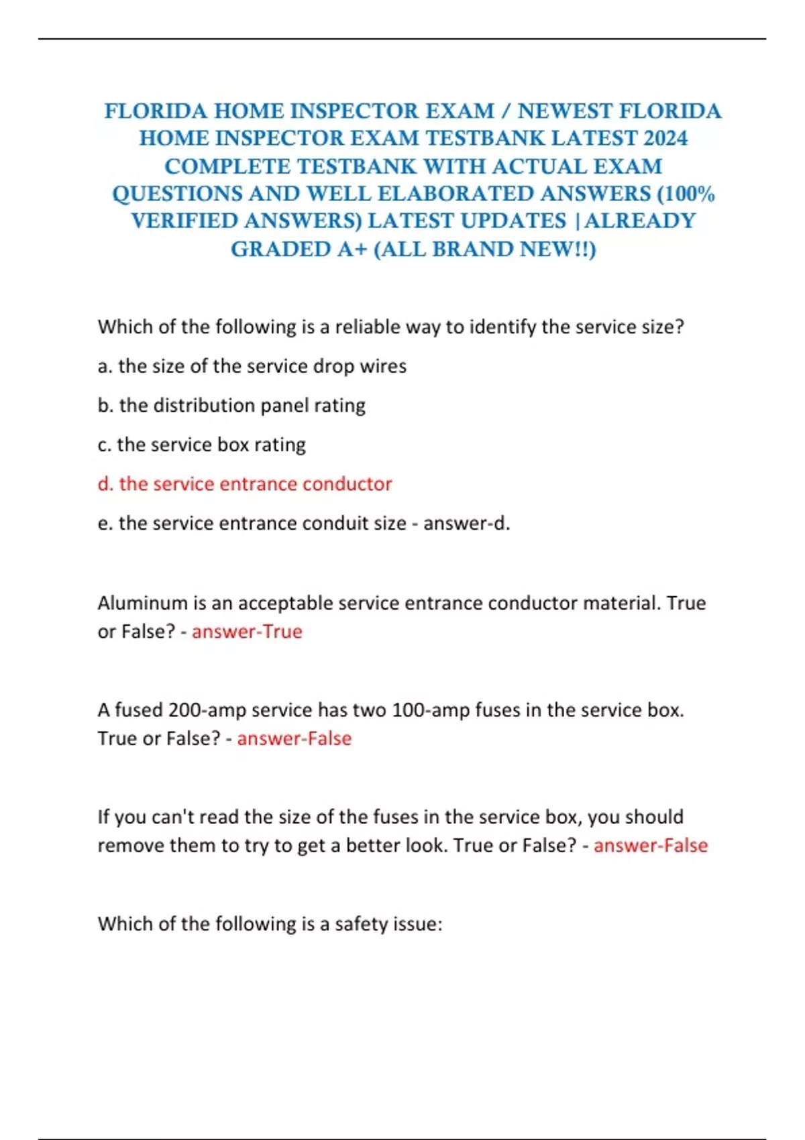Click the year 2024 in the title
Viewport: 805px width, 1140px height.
point(665,138)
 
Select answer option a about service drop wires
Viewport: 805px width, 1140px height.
point(252,366)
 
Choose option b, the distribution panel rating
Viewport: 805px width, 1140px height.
point(232,405)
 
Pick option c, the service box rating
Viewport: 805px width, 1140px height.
point(202,445)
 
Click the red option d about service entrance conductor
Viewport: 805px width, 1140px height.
point(245,483)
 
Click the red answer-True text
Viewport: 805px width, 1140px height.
point(247,632)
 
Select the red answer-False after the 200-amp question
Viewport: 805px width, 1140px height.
point(294,738)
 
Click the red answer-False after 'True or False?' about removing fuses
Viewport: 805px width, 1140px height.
point(650,845)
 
